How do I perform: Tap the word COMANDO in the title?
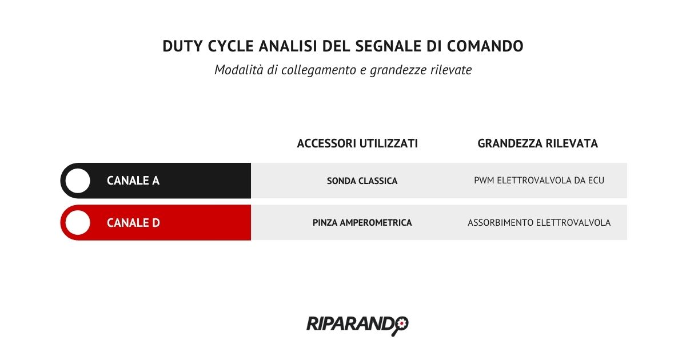(x=485, y=46)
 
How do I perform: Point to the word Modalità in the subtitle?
(x=238, y=70)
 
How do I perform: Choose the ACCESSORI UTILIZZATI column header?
(x=357, y=143)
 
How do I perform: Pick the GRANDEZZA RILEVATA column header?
(x=537, y=143)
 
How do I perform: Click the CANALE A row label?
(x=133, y=181)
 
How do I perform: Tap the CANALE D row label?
(x=133, y=222)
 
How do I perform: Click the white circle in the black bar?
(x=78, y=181)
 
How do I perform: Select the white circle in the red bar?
(x=78, y=222)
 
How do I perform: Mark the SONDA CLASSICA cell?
(x=362, y=181)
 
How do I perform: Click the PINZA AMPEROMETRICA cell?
(x=362, y=222)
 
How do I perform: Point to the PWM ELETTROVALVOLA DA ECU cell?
(x=539, y=181)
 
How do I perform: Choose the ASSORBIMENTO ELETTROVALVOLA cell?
(x=539, y=222)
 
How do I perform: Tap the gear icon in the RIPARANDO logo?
(x=401, y=323)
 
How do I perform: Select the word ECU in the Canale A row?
(x=596, y=181)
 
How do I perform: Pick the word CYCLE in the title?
(x=230, y=46)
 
